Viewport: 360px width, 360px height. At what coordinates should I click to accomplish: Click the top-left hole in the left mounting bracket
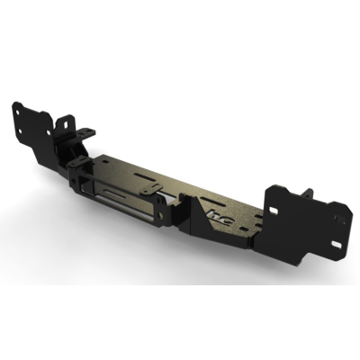18,110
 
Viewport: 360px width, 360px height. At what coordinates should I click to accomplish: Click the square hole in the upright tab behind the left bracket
66,121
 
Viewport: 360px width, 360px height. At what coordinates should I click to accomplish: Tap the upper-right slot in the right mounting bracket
335,212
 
